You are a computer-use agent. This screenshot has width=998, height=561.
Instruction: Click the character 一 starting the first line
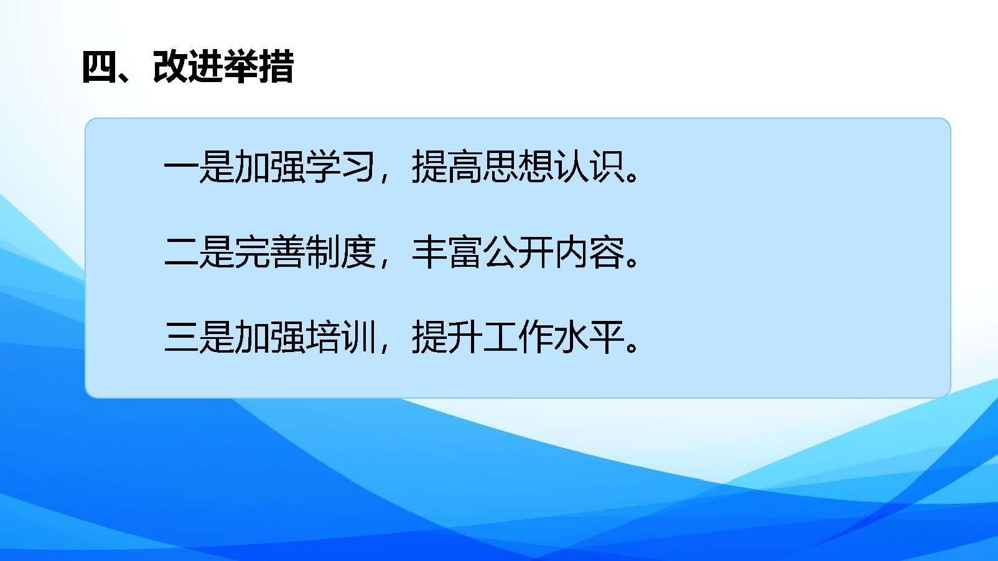(x=181, y=167)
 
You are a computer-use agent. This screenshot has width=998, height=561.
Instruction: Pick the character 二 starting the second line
(x=181, y=253)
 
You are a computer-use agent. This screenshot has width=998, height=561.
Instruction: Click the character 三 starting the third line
(x=181, y=338)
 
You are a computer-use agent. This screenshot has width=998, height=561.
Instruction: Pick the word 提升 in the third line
(x=447, y=337)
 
